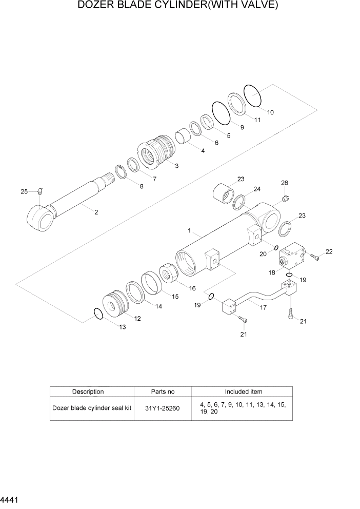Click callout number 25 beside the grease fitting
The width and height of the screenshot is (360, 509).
coord(24,191)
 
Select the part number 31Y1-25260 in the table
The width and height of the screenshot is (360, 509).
coord(163,408)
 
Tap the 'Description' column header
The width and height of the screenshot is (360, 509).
coord(88,391)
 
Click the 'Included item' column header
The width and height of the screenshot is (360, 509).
coord(243,391)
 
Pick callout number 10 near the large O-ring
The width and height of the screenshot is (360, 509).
coord(270,112)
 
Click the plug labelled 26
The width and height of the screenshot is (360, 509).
coord(286,198)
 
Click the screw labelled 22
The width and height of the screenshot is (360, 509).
coord(315,258)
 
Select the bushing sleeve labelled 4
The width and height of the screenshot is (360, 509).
coord(183,138)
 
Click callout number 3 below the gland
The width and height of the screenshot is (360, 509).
coord(176,166)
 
